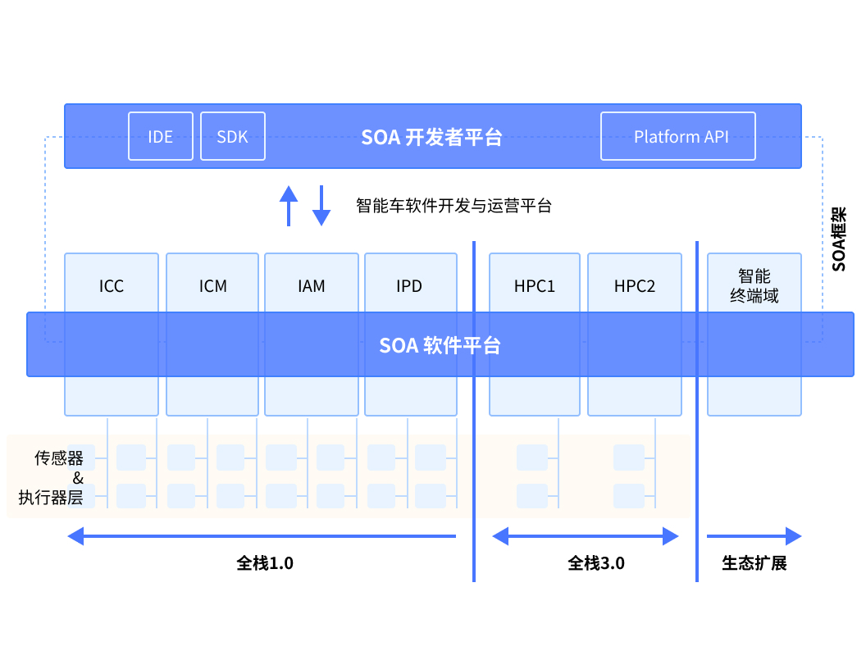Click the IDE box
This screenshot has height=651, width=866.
(161, 136)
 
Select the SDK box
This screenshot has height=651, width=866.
(233, 136)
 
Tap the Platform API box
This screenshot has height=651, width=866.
(678, 136)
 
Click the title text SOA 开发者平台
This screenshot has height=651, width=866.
(431, 137)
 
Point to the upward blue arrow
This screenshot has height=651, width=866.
(289, 206)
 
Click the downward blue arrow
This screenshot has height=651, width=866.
(321, 206)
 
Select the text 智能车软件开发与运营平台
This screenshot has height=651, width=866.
(454, 206)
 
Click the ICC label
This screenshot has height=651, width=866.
(112, 286)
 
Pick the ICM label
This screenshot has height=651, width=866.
(212, 286)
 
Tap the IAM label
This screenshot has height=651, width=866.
(312, 286)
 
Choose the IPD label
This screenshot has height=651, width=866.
(409, 286)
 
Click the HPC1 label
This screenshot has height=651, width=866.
(534, 286)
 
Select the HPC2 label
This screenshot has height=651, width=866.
(635, 286)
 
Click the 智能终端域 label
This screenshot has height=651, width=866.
(754, 286)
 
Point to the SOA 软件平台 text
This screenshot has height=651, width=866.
(440, 345)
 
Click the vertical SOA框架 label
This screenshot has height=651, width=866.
(839, 239)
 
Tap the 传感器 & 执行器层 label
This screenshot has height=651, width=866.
(51, 478)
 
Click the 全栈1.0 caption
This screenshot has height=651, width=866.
(265, 563)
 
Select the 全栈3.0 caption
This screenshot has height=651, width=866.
(596, 563)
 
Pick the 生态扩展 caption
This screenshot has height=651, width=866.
(754, 563)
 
